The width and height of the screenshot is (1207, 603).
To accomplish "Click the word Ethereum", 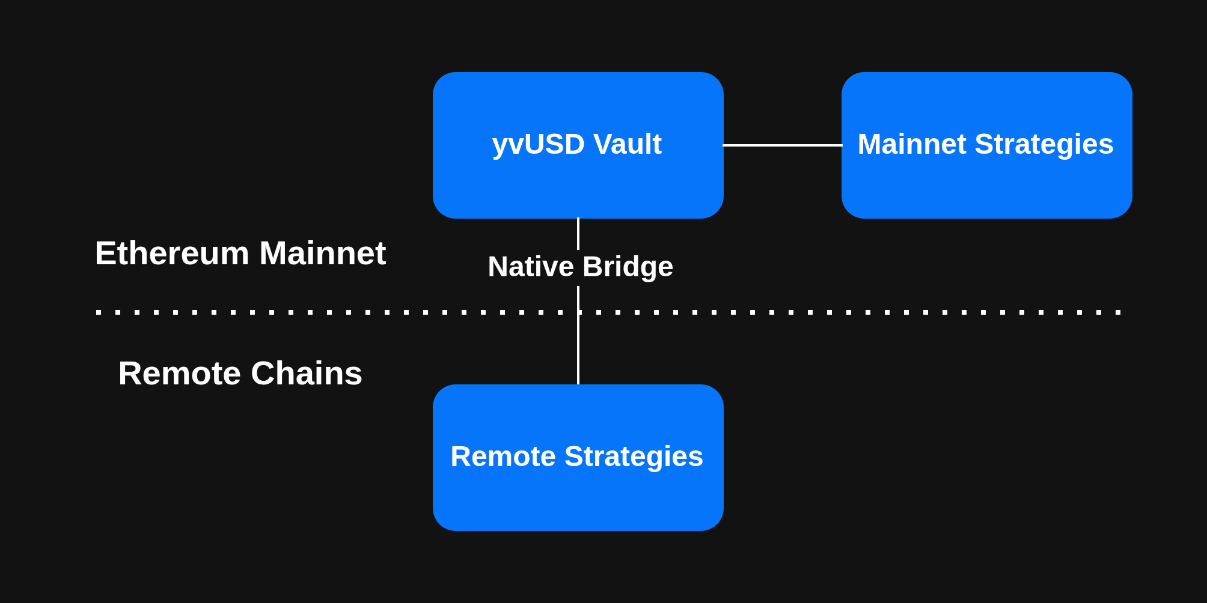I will coord(171,253).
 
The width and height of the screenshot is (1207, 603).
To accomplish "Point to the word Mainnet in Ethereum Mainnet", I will coord(323,253).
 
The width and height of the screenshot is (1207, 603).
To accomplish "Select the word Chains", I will coord(307,374).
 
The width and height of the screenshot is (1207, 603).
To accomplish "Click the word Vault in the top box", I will coord(628,145).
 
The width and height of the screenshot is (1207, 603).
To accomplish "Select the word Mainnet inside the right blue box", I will coord(912,145).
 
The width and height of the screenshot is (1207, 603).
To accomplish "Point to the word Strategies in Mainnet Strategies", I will coord(1044,145).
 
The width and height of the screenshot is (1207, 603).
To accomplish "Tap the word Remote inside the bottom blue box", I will coord(503,456).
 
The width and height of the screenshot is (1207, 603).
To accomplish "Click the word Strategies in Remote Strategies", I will coord(634,456).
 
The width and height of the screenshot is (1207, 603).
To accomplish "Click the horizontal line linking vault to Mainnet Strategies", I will coord(781,145).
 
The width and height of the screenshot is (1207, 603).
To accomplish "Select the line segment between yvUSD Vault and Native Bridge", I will coord(578,234).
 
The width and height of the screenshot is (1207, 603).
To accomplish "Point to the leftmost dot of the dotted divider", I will coord(99,312).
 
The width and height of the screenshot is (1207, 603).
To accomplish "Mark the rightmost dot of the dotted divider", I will coord(1118,312).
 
